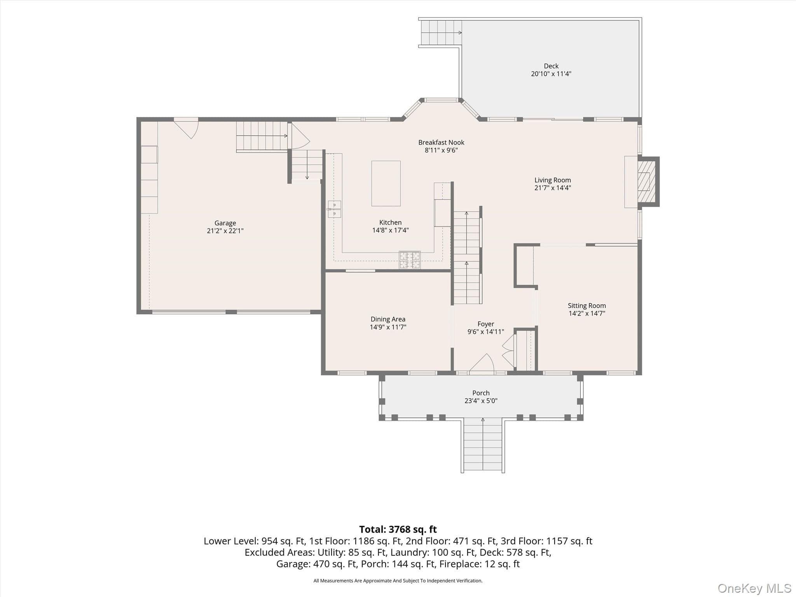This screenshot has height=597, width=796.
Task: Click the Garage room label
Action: [225, 223]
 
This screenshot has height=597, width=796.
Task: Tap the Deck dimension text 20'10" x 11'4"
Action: [551, 74]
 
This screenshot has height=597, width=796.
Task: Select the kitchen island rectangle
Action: [386, 183]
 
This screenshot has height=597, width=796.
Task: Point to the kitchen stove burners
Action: [410, 260]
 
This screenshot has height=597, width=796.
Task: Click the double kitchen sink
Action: [334, 209]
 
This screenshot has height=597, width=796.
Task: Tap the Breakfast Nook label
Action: [441, 143]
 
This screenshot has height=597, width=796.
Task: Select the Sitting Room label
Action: [587, 306]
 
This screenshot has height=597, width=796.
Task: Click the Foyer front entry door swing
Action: [482, 363]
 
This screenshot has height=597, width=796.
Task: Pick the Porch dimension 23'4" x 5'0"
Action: [481, 401]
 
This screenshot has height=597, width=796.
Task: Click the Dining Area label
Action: [388, 319]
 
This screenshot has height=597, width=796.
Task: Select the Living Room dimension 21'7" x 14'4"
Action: [552, 188]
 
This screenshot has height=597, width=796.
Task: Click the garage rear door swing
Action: [186, 128]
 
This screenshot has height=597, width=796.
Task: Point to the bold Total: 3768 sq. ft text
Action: [398, 529]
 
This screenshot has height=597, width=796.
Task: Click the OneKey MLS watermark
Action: [754, 588]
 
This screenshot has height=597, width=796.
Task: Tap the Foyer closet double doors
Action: [508, 348]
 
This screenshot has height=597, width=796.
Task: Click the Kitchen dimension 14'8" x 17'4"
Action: [390, 230]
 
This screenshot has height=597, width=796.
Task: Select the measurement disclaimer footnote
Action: [398, 581]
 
